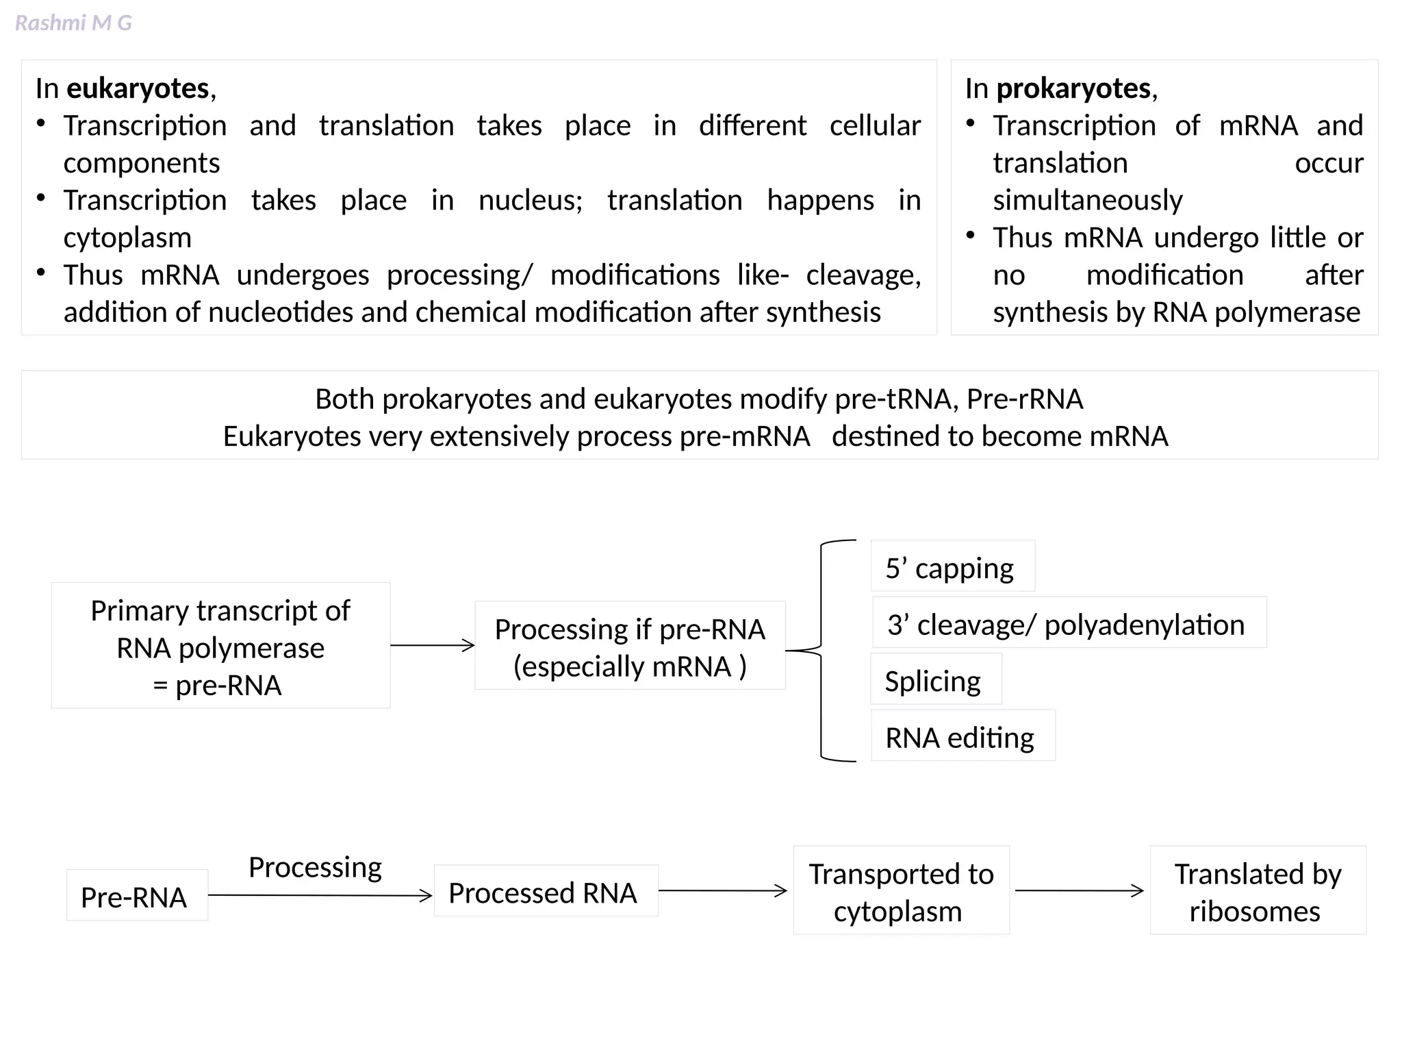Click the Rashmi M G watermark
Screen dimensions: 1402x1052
(x=73, y=23)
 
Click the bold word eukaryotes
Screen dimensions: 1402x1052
(x=138, y=88)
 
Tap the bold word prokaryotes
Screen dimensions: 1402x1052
(x=1073, y=88)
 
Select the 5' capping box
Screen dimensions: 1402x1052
(x=952, y=566)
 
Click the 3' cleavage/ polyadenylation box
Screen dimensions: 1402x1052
(x=1069, y=623)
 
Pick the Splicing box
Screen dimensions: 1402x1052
(x=935, y=679)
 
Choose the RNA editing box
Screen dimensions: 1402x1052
(x=962, y=736)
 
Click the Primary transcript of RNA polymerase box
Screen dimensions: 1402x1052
(x=220, y=646)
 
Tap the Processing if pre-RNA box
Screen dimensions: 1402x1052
(x=630, y=646)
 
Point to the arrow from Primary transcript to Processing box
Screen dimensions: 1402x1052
(x=432, y=645)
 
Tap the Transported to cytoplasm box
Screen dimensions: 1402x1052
(x=901, y=890)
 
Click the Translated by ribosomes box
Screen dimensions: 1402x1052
(x=1258, y=890)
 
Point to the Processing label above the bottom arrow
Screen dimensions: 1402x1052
(x=315, y=866)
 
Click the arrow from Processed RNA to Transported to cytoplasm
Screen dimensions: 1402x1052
(x=723, y=891)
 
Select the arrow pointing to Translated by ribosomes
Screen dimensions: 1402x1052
(x=1079, y=891)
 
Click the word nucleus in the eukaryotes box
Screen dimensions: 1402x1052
(x=530, y=200)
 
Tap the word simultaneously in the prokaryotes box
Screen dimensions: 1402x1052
(x=1087, y=200)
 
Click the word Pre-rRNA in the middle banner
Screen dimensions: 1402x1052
(x=1024, y=399)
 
